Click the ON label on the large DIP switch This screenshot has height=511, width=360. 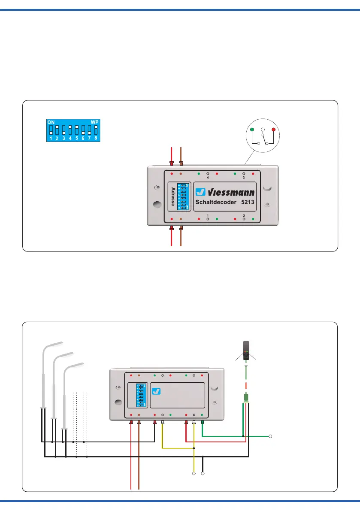click(x=51, y=122)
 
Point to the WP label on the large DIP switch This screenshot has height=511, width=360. click(x=94, y=122)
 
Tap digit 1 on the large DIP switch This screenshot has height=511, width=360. click(x=50, y=139)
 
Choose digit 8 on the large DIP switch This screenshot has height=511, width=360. click(x=96, y=139)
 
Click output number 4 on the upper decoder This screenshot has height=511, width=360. click(x=208, y=178)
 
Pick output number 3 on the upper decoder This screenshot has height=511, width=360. click(x=244, y=178)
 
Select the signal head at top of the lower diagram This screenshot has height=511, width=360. click(x=246, y=350)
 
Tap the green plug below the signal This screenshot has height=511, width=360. click(x=246, y=397)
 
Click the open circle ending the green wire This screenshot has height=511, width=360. click(x=271, y=436)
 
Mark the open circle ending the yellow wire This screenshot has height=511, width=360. click(x=194, y=474)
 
